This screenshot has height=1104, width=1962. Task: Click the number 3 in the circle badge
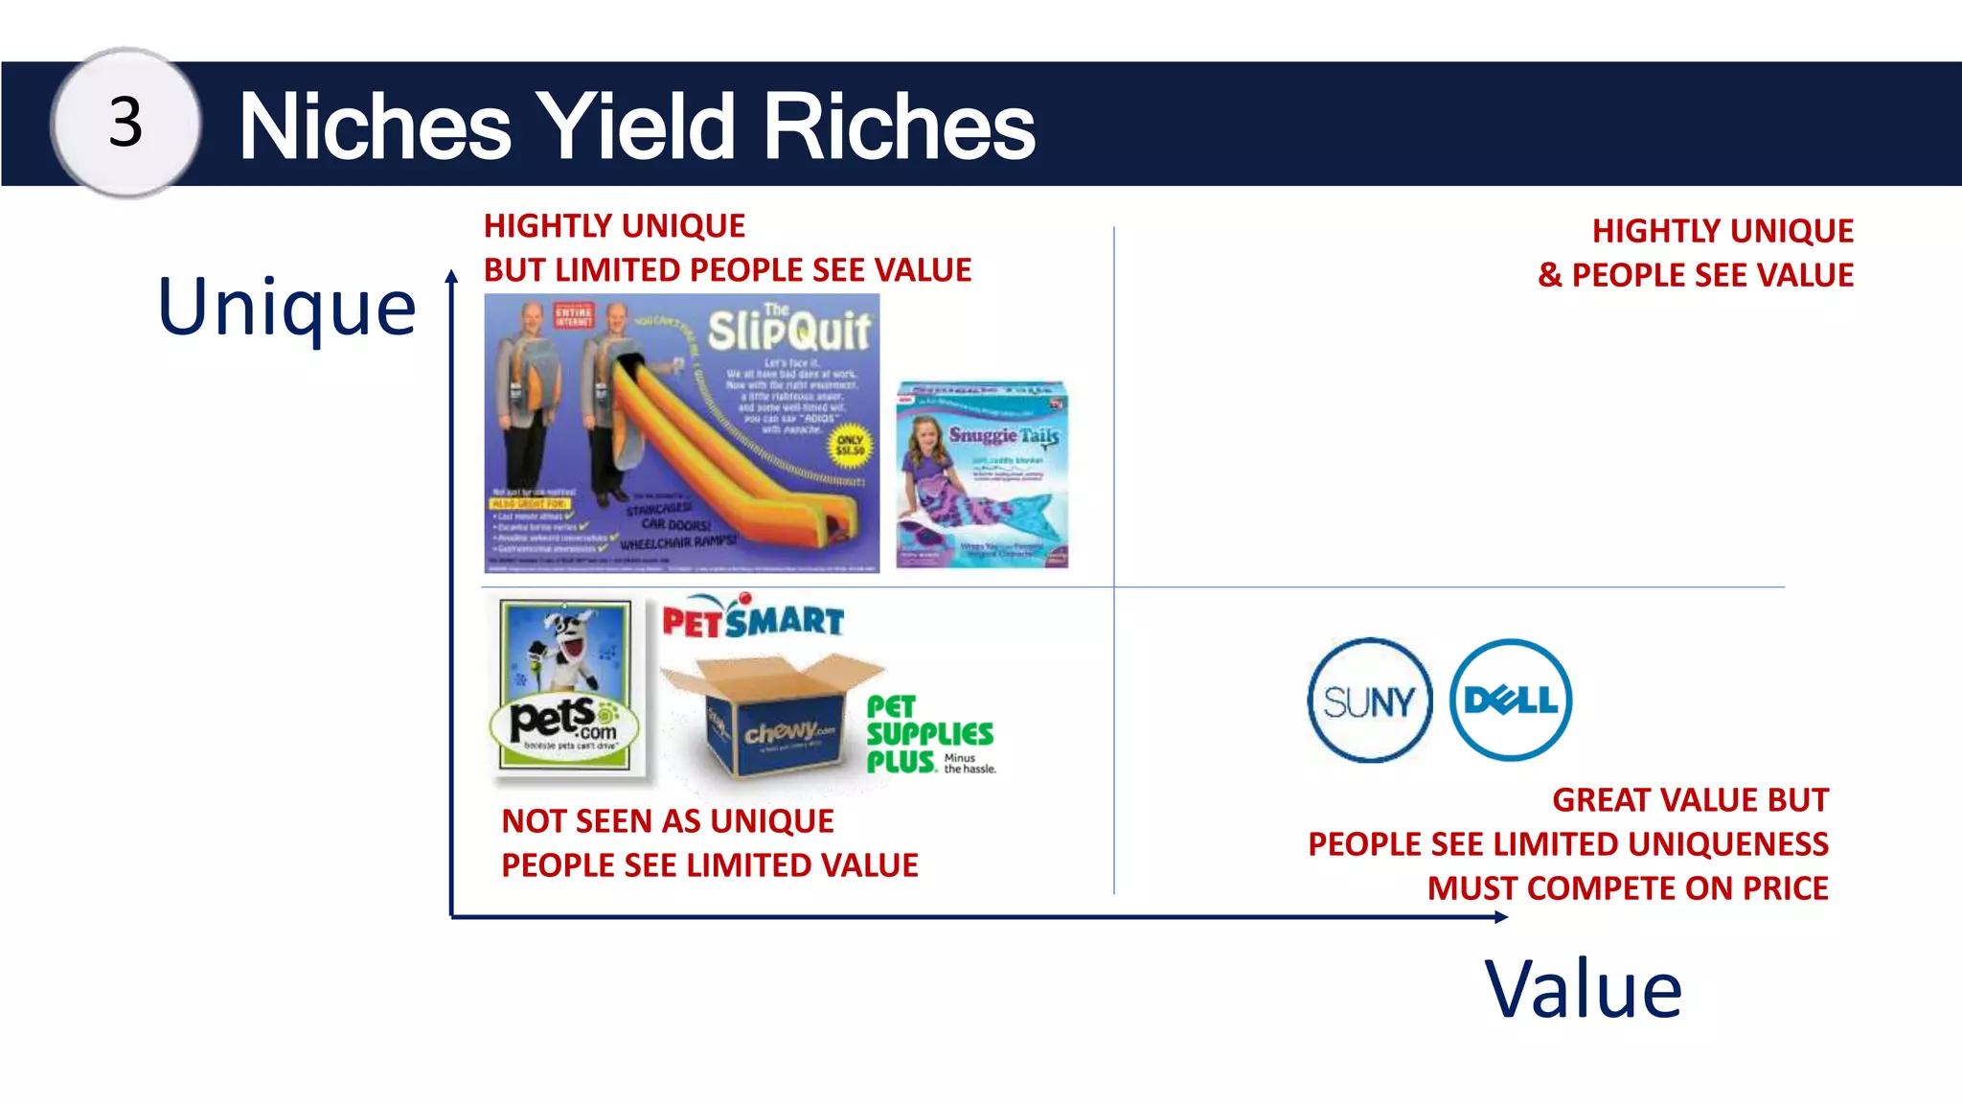125,124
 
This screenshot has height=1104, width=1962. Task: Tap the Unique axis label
286,308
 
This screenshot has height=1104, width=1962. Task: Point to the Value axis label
1583,989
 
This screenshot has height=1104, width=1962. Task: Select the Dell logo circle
1511,700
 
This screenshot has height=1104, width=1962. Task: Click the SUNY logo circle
1369,701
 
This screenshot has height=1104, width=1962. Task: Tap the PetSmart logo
753,619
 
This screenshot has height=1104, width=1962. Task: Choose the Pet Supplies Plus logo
929,735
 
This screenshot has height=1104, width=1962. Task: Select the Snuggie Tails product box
982,475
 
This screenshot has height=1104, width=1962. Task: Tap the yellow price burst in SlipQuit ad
850,446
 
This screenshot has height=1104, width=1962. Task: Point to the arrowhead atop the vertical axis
451,277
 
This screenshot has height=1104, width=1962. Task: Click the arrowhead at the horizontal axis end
1501,917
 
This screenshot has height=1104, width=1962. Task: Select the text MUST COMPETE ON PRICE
1628,888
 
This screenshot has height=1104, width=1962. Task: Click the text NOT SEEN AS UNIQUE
668,821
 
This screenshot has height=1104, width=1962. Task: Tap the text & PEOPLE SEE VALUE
1696,275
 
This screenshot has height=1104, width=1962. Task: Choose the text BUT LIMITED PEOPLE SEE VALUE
727,270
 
